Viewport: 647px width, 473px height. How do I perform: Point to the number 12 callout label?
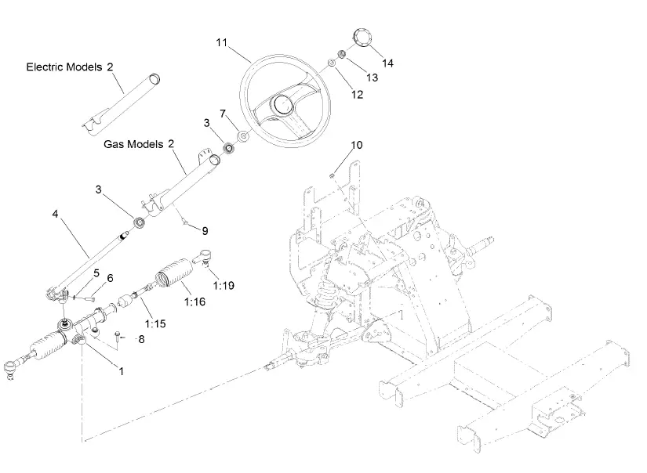[x=358, y=94]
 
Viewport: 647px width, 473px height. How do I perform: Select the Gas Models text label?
[x=133, y=144]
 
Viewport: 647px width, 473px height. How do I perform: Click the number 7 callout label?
[x=223, y=114]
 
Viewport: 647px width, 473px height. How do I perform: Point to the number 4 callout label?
[x=56, y=211]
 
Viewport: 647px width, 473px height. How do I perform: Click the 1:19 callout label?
[x=223, y=285]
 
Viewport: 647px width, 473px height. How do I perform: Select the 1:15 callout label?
[x=154, y=321]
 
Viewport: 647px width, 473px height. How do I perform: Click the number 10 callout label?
[x=357, y=145]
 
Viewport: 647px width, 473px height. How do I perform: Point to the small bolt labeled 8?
[x=117, y=337]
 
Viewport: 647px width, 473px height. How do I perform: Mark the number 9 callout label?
[x=205, y=230]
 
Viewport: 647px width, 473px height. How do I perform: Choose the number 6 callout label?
[x=110, y=278]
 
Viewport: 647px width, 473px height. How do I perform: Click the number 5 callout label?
[x=96, y=273]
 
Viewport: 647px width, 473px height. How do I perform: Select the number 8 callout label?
[x=142, y=339]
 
